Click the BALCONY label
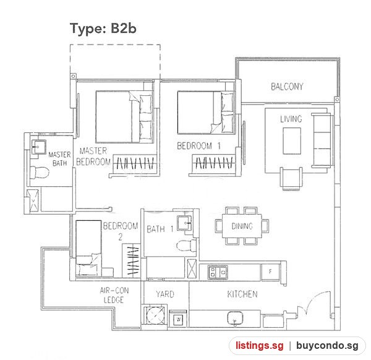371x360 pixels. pyautogui.click(x=287, y=87)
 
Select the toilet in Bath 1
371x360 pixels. pyautogui.click(x=187, y=245)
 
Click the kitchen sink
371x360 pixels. pyautogui.click(x=235, y=318)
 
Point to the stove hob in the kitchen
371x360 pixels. pyautogui.click(x=218, y=272)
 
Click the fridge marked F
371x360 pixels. pyautogui.click(x=270, y=272)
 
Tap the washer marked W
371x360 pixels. pyautogui.click(x=179, y=320)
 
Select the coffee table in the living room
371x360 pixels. pyautogui.click(x=292, y=141)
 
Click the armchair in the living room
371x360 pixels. pyautogui.click(x=291, y=179)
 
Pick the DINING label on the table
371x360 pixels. pyautogui.click(x=242, y=226)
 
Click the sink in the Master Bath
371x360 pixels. pyautogui.click(x=38, y=147)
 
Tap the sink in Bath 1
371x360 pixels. pyautogui.click(x=184, y=223)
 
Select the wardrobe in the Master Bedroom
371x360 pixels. pyautogui.click(x=135, y=164)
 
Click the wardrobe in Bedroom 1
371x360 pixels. pyautogui.click(x=215, y=164)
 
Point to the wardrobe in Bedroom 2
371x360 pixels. pyautogui.click(x=131, y=260)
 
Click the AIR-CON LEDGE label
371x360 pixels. pyautogui.click(x=114, y=295)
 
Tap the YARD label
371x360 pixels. pyautogui.click(x=165, y=294)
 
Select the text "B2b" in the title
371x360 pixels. pyautogui.click(x=123, y=28)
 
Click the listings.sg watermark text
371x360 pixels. pyautogui.click(x=259, y=346)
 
